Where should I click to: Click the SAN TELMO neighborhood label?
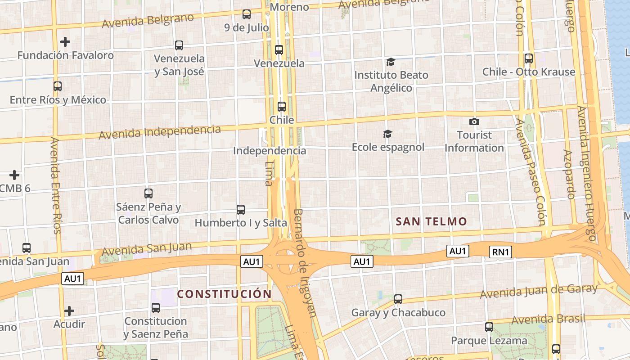coord(431,221)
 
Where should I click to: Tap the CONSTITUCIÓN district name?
coord(224,294)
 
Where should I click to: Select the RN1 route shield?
coord(500,252)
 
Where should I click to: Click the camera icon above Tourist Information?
coord(474,121)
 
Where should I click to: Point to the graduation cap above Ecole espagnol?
coord(387,134)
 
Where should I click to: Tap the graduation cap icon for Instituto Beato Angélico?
coord(391,62)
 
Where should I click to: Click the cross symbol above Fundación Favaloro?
coord(65,42)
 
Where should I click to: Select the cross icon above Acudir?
coord(69,311)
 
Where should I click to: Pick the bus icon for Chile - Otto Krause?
coord(529,58)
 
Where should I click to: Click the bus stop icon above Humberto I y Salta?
coord(241,210)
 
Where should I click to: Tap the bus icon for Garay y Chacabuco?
coord(398,299)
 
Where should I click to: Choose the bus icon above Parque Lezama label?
coord(489,327)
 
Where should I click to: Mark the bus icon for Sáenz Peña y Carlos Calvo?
coord(148,193)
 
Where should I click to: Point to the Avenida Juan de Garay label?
coord(539,291)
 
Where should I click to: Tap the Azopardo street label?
coord(569,175)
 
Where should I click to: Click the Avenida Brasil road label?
coord(549,319)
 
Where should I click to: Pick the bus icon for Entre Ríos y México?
coord(58,86)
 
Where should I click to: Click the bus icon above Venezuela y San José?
coord(179,45)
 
